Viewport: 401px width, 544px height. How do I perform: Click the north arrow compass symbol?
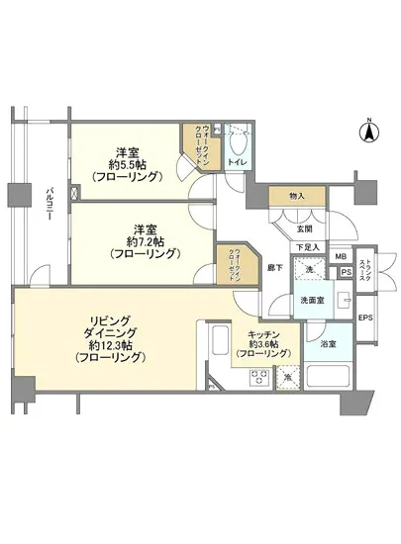pyautogui.click(x=365, y=130)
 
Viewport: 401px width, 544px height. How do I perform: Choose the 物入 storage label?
pyautogui.click(x=297, y=197)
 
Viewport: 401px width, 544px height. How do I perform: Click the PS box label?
pyautogui.click(x=346, y=273)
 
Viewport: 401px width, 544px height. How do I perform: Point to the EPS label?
pyautogui.click(x=363, y=317)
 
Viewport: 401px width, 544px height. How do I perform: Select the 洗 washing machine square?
pyautogui.click(x=309, y=272)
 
